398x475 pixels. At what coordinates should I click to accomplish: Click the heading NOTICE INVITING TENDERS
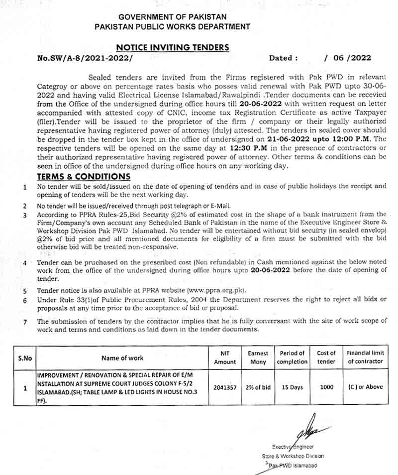click(x=173, y=47)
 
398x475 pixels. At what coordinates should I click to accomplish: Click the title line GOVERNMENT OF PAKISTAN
click(x=173, y=16)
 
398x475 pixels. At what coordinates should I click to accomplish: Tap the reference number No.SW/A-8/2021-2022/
click(x=86, y=58)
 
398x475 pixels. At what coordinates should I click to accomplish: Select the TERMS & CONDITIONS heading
click(x=84, y=177)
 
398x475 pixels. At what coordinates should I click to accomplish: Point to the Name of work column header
click(x=122, y=357)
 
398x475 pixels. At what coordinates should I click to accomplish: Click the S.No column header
click(x=24, y=357)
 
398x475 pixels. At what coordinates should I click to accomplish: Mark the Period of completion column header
click(x=292, y=357)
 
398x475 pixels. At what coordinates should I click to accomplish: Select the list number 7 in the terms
click(x=25, y=322)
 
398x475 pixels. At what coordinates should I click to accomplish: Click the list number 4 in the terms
click(x=25, y=262)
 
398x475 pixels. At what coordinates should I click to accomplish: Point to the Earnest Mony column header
click(x=258, y=357)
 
